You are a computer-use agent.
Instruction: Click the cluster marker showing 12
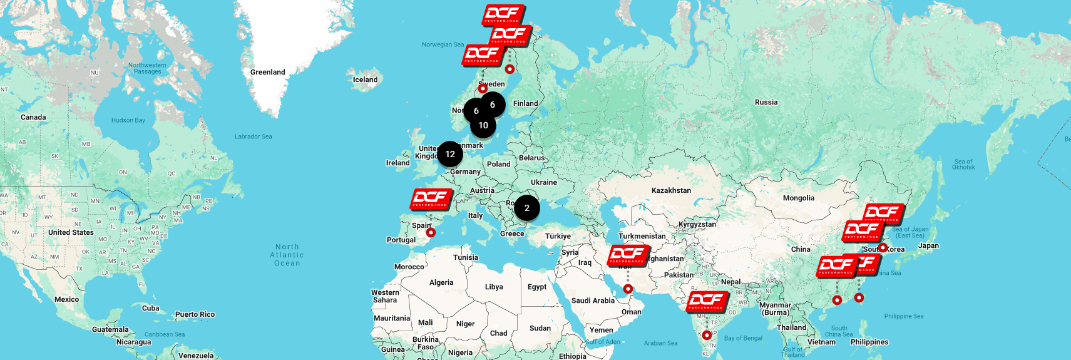[450, 154]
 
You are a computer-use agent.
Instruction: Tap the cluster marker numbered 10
[483, 125]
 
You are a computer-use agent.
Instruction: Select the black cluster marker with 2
[527, 208]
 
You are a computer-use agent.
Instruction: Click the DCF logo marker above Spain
[431, 199]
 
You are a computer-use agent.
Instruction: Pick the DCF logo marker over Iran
[628, 255]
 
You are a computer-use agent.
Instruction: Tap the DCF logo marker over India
[707, 302]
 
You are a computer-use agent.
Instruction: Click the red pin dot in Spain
[431, 232]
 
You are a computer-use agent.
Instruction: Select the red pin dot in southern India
[707, 335]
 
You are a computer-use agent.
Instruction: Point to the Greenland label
[267, 72]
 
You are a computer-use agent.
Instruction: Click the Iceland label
[365, 80]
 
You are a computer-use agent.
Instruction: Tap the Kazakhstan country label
[671, 190]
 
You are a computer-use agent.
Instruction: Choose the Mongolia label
[798, 198]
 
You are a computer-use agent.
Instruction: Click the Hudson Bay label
[128, 120]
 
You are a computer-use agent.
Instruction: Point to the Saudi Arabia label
[593, 301]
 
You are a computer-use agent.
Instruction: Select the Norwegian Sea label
[443, 44]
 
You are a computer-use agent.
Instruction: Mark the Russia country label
[766, 102]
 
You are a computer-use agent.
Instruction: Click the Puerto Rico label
[195, 314]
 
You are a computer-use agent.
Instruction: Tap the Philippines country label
[869, 342]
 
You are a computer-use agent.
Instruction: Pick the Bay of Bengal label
[743, 338]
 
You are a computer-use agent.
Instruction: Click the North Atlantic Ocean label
[287, 255]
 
